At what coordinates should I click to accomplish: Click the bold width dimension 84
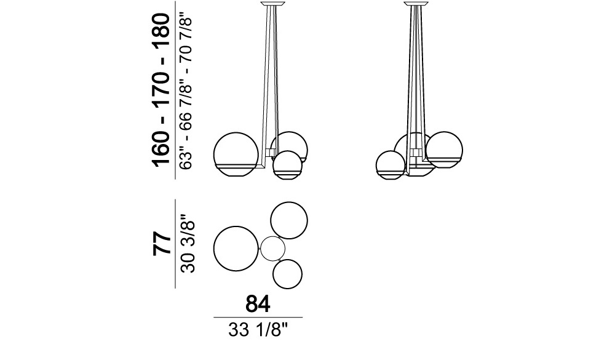point(258,304)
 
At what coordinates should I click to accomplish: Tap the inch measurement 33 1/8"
point(258,330)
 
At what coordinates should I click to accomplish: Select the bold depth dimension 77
point(162,244)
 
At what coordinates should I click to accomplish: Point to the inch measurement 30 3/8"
point(188,244)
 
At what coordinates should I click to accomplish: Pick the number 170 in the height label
point(162,83)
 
